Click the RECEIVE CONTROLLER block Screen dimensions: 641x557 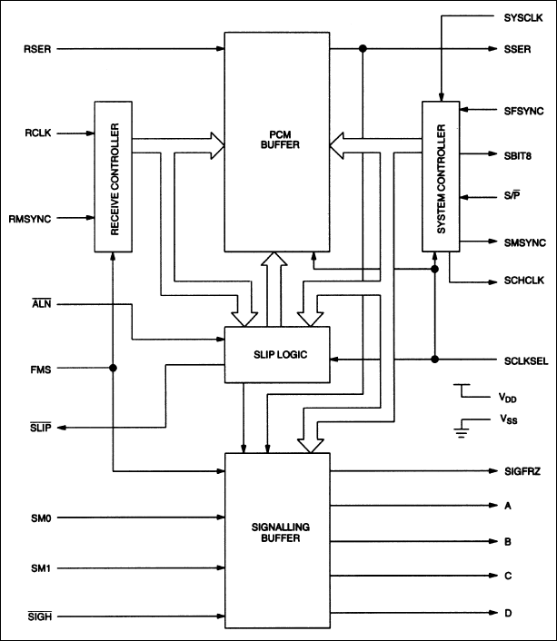tap(114, 178)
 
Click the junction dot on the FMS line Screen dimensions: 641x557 tap(114, 369)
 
